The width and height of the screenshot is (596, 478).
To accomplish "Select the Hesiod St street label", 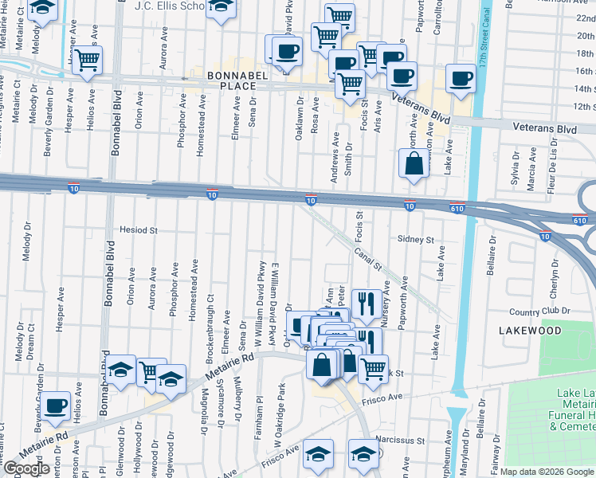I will (x=139, y=229).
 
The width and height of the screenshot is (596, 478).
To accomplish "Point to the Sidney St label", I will (x=416, y=239).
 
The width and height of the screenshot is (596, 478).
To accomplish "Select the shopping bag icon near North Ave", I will (x=414, y=165).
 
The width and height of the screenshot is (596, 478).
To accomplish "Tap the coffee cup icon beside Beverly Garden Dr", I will (x=56, y=406).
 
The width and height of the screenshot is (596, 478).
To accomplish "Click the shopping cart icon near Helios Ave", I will (x=87, y=59).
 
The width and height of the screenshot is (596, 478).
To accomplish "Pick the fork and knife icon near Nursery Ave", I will (x=366, y=302).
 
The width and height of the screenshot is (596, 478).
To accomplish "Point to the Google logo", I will (x=26, y=468).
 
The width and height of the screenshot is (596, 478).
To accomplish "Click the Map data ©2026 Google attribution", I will (x=547, y=472).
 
